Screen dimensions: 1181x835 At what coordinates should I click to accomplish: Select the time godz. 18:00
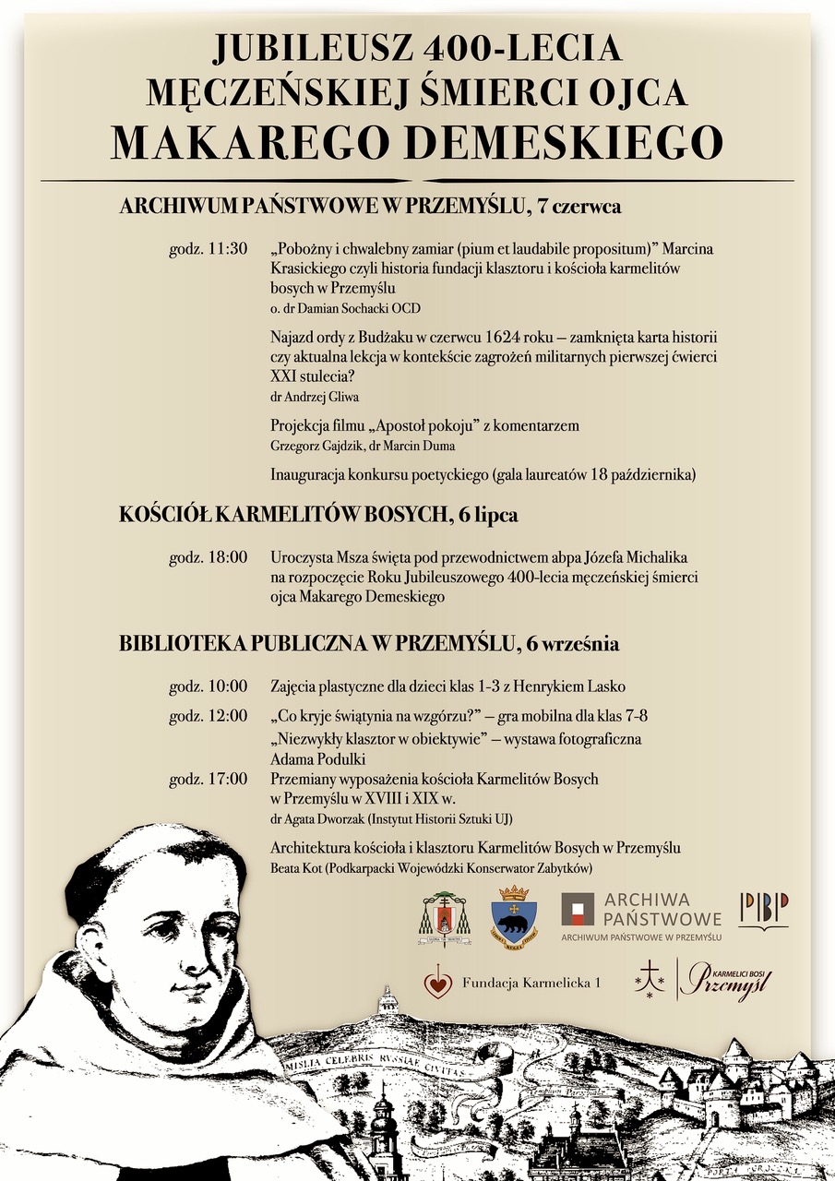tap(209, 557)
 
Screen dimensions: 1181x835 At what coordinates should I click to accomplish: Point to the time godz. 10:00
tap(209, 686)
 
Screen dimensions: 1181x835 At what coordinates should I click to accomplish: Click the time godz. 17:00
tap(209, 780)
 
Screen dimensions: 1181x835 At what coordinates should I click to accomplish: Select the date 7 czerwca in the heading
tap(579, 206)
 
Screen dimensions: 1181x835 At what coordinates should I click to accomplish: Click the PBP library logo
tap(763, 910)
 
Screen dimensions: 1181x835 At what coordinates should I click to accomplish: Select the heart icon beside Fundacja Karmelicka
tap(437, 983)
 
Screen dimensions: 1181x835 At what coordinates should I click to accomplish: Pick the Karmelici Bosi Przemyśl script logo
tap(725, 980)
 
